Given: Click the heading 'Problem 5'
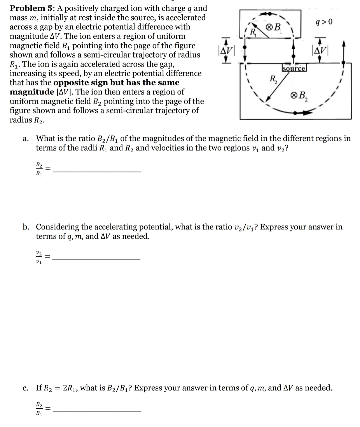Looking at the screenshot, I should point(27,8).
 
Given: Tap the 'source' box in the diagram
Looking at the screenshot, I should point(294,69).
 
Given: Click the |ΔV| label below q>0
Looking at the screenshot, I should point(319,52).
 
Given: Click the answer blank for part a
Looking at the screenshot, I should point(97,171).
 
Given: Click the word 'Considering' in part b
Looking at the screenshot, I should point(57,227).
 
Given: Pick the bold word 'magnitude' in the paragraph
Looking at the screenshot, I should point(32,92).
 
